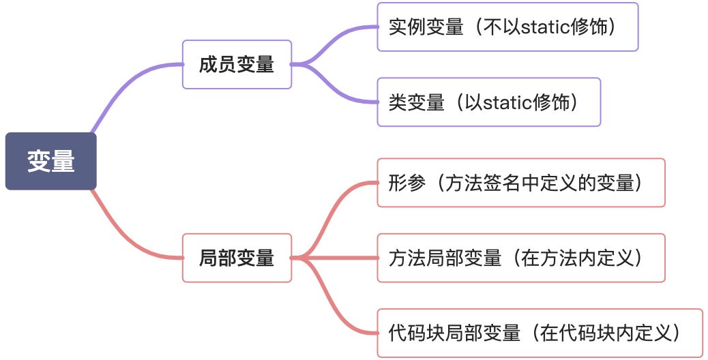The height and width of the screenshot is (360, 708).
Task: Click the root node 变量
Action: pos(51,161)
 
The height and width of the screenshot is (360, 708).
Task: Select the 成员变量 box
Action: pos(237,64)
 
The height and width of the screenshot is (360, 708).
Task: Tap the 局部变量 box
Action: pos(237,258)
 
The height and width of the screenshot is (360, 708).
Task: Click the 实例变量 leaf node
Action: pos(507,27)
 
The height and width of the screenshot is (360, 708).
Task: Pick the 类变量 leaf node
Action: pos(488,102)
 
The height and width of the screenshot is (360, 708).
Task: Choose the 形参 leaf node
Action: pos(520,183)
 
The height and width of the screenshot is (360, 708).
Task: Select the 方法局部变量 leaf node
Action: pos(520,258)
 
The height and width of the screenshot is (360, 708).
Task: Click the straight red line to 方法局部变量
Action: pos(341,258)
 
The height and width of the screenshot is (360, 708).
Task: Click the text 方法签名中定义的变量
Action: pos(540,183)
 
